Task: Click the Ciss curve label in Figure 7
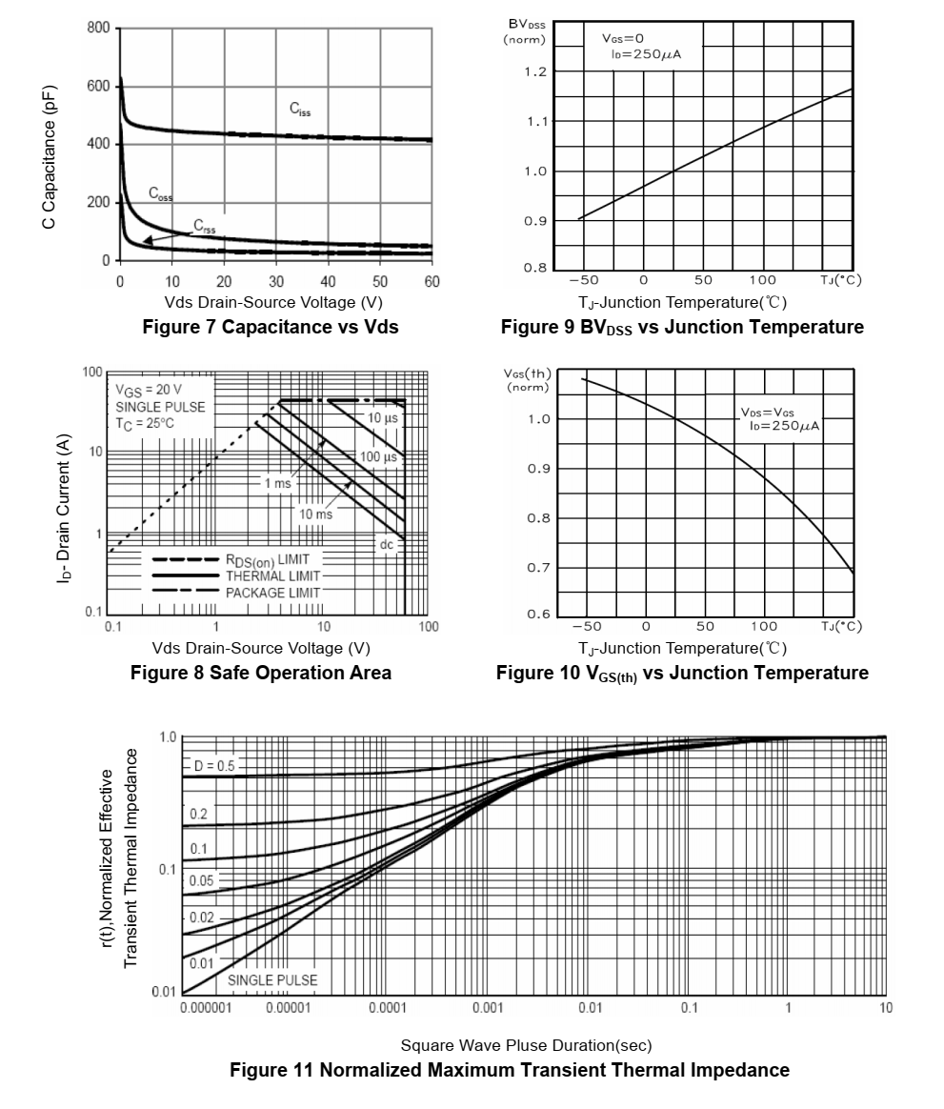point(300,110)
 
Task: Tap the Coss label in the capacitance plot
point(160,193)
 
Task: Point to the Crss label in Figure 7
point(205,227)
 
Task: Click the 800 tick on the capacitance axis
point(98,28)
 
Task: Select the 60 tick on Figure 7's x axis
point(432,281)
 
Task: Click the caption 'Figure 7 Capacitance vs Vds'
point(270,327)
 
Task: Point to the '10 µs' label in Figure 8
point(383,418)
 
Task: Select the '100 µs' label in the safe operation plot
point(377,457)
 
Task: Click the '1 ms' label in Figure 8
point(277,483)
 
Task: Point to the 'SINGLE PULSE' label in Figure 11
point(272,979)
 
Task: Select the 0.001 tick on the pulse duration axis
point(488,1008)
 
